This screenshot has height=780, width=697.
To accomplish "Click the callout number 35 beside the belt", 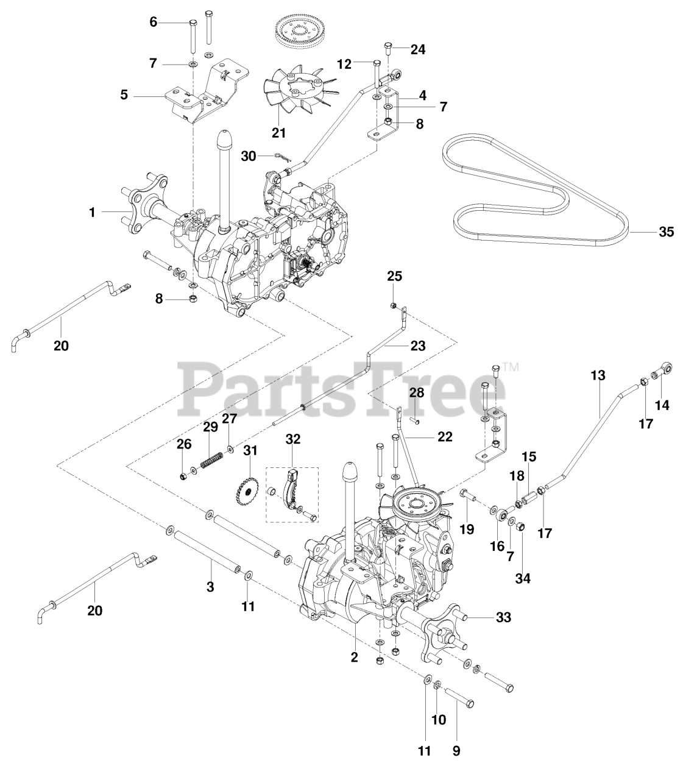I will click(x=666, y=232).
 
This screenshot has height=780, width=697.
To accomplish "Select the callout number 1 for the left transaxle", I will click(x=92, y=212).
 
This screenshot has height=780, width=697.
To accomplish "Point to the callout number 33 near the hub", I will click(x=503, y=618).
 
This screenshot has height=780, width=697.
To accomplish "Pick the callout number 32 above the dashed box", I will click(x=293, y=439).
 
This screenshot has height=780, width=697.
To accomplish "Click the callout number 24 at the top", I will click(x=417, y=50).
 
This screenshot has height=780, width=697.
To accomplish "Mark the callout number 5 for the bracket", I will click(x=124, y=95).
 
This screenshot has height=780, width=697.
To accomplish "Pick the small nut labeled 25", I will click(x=395, y=305).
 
